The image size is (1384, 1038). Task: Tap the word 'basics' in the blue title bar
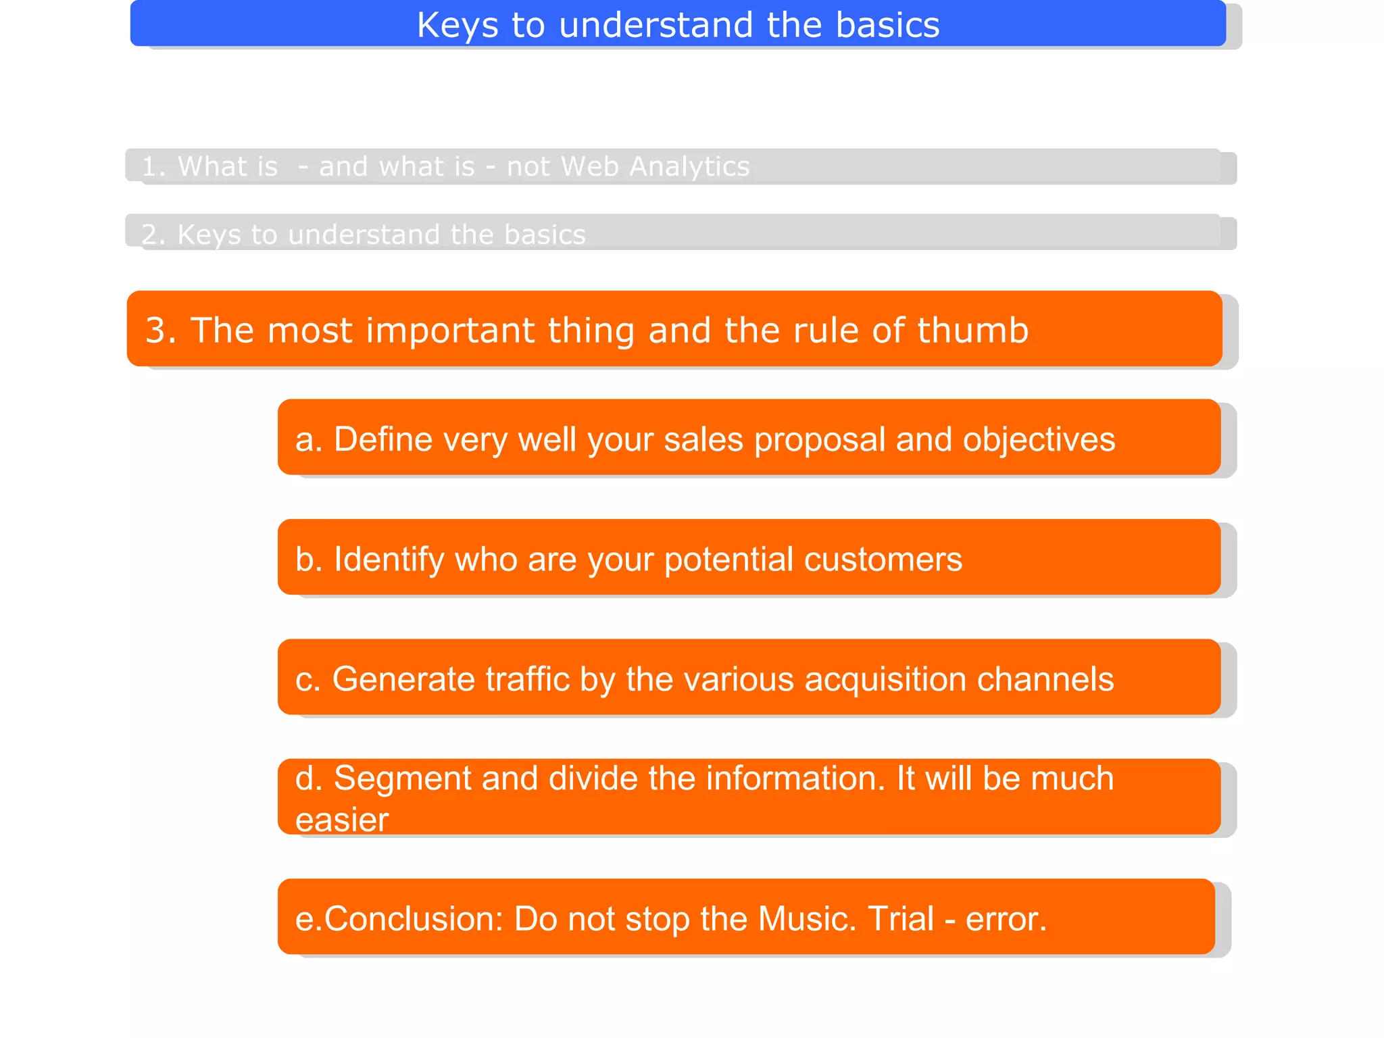coord(887,26)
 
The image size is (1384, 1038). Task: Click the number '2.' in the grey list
coord(153,235)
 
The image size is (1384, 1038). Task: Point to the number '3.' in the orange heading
coord(161,330)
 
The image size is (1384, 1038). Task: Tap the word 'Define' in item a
coord(383,439)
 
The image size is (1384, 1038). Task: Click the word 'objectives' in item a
coord(1039,439)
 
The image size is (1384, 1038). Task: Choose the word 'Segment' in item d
coord(402,778)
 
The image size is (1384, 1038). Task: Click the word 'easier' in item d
coord(342,820)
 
